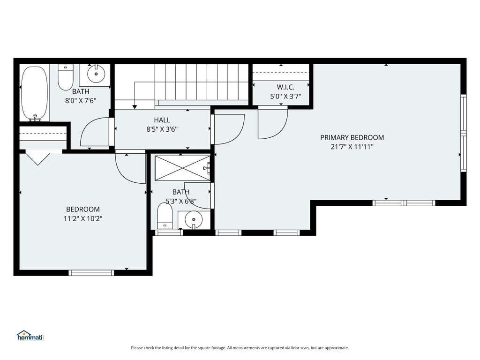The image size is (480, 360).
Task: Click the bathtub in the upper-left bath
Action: [35, 93]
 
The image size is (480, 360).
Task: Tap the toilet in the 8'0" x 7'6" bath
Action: [66, 77]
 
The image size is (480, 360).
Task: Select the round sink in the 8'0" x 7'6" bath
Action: [96, 74]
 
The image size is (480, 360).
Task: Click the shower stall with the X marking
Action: [182, 168]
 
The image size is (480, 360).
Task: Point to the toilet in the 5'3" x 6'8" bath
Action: [165, 216]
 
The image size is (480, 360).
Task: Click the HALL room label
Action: [162, 120]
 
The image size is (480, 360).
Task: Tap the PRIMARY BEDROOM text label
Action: [352, 137]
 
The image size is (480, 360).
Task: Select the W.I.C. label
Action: [285, 87]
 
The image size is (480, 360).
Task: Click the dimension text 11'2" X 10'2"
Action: [83, 218]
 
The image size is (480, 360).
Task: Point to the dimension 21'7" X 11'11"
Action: [352, 147]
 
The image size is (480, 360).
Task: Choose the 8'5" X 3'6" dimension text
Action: [162, 129]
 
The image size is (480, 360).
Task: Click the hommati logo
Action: [30, 336]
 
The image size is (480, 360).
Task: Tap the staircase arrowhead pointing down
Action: [135, 106]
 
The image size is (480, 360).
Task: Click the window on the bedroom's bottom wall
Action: [91, 273]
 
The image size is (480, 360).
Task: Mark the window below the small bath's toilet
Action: [169, 232]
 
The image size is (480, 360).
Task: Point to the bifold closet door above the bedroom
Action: [37, 158]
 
